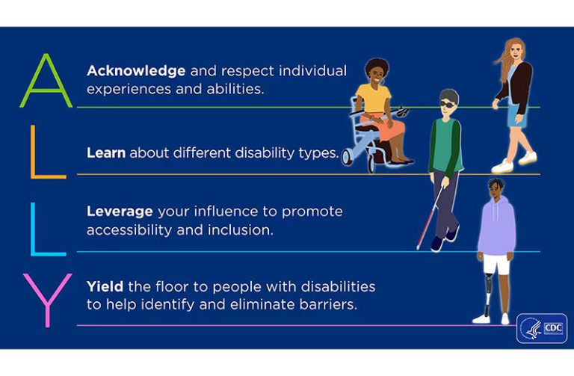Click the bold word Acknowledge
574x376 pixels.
(x=136, y=71)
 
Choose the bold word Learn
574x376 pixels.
(x=106, y=152)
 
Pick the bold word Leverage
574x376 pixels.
(x=120, y=212)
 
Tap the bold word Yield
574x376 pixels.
(x=105, y=286)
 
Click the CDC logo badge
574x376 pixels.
(x=542, y=328)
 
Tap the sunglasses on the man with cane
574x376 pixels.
(x=448, y=105)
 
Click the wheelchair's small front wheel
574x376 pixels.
(x=347, y=157)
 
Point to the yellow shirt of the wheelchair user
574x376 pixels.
(x=374, y=98)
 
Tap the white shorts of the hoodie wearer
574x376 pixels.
(x=497, y=264)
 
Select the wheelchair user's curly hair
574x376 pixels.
(x=377, y=66)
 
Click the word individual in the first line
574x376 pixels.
(x=312, y=71)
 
